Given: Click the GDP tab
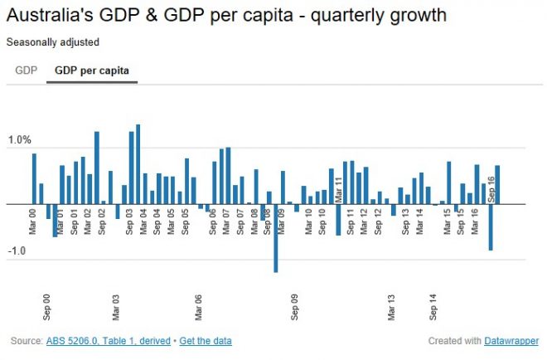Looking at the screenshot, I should (x=26, y=71).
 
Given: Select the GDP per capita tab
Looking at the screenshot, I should (x=92, y=71).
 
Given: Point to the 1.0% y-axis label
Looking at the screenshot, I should (x=20, y=140).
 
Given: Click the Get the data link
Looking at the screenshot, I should (x=206, y=341).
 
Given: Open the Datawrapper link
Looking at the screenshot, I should (x=509, y=341).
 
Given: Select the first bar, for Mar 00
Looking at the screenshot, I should (x=34, y=178).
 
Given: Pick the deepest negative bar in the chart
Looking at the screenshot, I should (x=276, y=237).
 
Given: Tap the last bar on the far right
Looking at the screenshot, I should (x=497, y=184).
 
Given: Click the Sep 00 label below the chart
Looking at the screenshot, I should (x=47, y=307).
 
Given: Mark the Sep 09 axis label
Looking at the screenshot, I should (x=295, y=307).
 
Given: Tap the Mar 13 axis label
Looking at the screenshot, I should (x=392, y=307).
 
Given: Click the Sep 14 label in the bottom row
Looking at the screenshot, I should (x=433, y=307).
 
